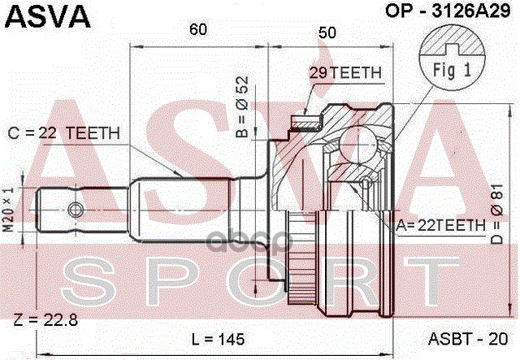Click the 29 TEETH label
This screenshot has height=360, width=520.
345,73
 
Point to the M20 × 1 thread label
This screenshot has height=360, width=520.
11,209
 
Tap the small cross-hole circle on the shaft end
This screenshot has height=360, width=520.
76,210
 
